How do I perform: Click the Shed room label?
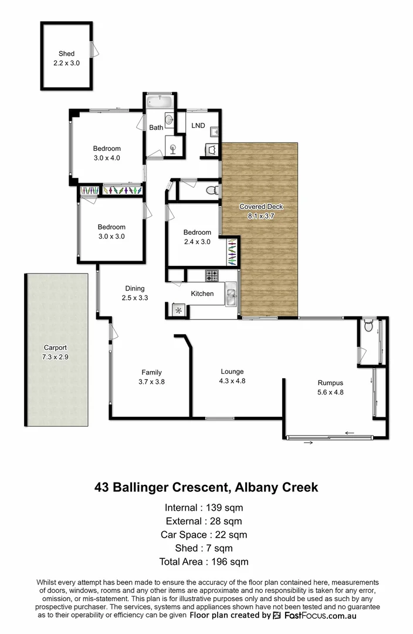tap(66, 53)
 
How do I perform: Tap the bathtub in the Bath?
tap(159, 102)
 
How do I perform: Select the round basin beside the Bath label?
tap(169, 121)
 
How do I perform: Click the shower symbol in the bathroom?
tap(173, 147)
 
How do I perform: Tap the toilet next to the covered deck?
tap(214, 190)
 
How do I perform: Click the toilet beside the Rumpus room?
tap(369, 326)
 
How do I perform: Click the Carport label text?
tap(56, 348)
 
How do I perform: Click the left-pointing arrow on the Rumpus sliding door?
tap(350, 433)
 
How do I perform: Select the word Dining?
tap(135, 288)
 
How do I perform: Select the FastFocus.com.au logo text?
tap(320, 616)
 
